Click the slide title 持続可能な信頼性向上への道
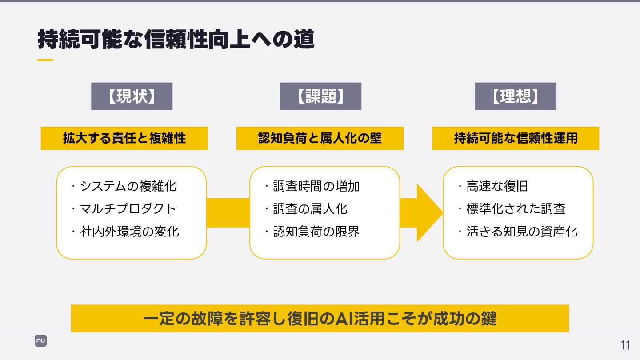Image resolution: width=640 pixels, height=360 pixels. click(176, 40)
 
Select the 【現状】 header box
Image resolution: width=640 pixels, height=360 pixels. click(132, 96)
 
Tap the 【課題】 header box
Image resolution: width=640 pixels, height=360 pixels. click(320, 96)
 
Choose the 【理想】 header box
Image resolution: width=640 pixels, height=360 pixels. click(516, 96)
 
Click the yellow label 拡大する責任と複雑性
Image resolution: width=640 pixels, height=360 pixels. click(124, 138)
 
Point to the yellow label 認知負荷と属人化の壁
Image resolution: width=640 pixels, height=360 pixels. click(320, 138)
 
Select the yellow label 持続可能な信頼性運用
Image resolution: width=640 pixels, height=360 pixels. click(516, 138)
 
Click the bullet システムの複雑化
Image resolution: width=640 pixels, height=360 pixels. click(128, 186)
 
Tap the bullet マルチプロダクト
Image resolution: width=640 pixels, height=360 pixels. click(128, 209)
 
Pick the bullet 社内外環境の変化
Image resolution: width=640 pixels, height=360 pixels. click(129, 232)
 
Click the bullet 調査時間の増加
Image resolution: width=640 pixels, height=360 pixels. click(316, 186)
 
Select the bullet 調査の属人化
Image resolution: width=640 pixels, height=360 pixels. click(310, 209)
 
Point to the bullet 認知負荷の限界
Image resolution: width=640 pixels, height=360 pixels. click(316, 232)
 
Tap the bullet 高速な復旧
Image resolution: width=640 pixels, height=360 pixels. click(497, 186)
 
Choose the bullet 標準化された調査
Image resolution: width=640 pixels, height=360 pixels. click(516, 209)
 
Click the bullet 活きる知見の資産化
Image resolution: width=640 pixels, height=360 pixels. click(522, 232)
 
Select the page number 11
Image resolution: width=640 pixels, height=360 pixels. click(625, 345)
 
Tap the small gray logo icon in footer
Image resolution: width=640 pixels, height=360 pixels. click(41, 341)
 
